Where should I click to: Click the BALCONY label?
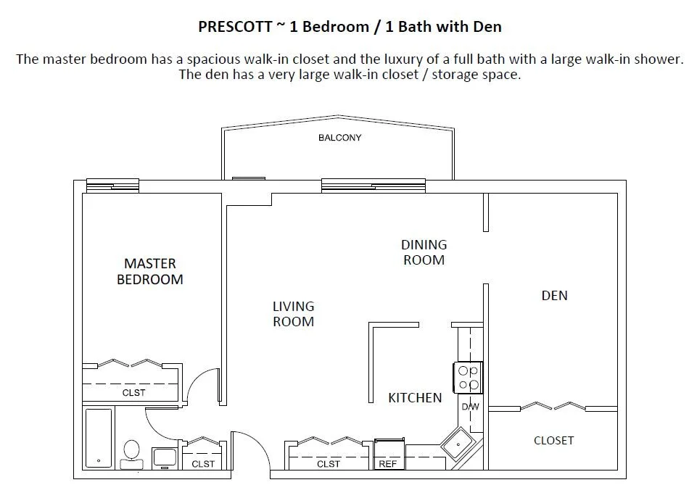[x=339, y=138]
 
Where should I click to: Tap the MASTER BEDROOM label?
[x=150, y=271]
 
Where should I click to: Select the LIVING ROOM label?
[x=294, y=314]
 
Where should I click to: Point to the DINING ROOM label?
[x=424, y=252]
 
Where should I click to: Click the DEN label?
[x=555, y=295]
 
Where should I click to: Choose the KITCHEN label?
[x=415, y=397]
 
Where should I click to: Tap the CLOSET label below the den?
[x=553, y=440]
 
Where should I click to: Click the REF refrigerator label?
[x=387, y=464]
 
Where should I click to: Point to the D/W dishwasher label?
[x=470, y=407]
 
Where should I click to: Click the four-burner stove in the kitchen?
[x=469, y=378]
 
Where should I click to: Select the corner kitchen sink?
[x=458, y=444]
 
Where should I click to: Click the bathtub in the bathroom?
[x=99, y=438]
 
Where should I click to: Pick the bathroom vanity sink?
[x=165, y=458]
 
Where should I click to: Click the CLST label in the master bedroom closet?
[x=133, y=393]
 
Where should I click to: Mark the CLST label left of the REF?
[x=329, y=464]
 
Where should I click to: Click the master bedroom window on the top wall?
[x=112, y=186]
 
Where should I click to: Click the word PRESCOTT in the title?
[x=235, y=27]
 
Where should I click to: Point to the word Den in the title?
[x=487, y=27]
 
